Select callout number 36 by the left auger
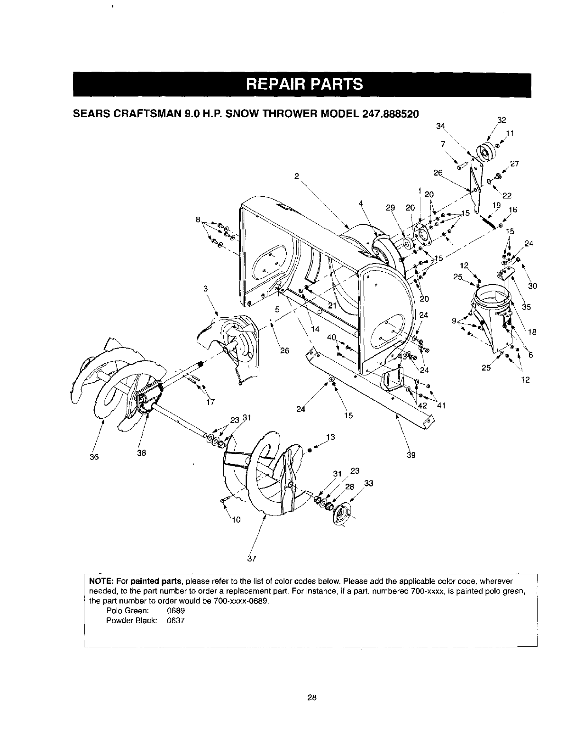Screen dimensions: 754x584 point(93,457)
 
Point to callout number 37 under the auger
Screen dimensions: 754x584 point(252,558)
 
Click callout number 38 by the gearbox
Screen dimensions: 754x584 point(141,452)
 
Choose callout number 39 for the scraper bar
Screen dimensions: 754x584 point(411,455)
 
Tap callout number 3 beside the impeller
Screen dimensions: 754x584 point(207,288)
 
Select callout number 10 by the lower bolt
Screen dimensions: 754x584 point(237,520)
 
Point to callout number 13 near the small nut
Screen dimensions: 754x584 point(330,437)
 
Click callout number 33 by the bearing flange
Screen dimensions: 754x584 point(369,484)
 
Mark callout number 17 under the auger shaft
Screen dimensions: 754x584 point(211,402)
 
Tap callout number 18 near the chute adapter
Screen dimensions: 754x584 point(532,332)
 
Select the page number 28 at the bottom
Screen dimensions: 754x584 point(311,697)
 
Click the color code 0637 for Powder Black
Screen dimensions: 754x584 point(175,621)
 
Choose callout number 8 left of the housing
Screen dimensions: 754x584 point(198,220)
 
